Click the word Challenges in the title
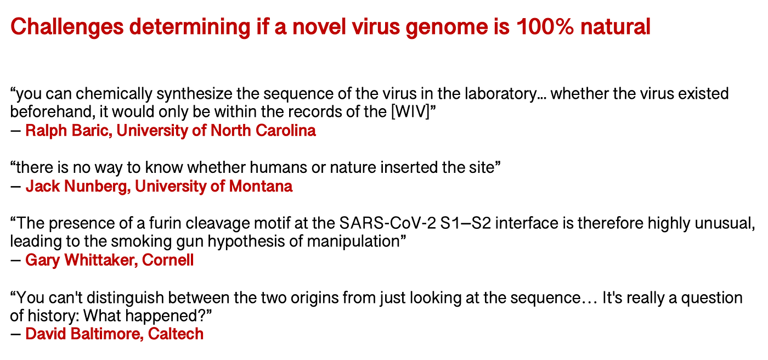coord(67,27)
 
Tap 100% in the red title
coord(545,27)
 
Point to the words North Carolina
coord(263,131)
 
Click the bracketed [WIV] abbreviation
coord(410,112)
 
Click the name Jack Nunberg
coord(78,187)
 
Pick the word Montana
coord(261,187)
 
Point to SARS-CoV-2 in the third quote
coord(387,223)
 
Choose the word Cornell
coord(168,260)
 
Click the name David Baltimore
coord(84,334)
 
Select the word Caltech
coord(176,334)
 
